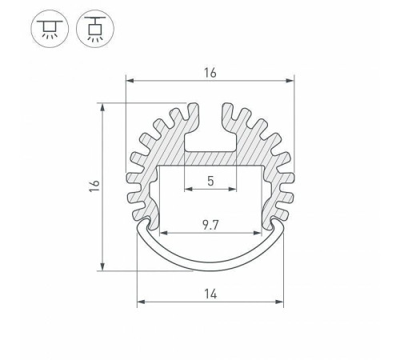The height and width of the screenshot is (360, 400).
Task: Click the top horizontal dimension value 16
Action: pyautogui.click(x=210, y=73)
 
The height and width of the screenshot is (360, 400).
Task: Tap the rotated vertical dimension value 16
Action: pyautogui.click(x=94, y=186)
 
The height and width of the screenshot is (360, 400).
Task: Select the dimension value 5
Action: pyautogui.click(x=210, y=181)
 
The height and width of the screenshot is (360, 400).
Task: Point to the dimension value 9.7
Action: pyautogui.click(x=210, y=225)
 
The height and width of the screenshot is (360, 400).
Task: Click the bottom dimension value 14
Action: pyautogui.click(x=210, y=294)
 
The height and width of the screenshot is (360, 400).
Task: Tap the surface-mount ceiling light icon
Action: pyautogui.click(x=50, y=29)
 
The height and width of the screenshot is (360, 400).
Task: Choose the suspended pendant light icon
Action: pyautogui.click(x=95, y=29)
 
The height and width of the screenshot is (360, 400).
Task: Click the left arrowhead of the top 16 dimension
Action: pyautogui.click(x=130, y=81)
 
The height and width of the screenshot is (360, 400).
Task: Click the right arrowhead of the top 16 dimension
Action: pyautogui.click(x=290, y=81)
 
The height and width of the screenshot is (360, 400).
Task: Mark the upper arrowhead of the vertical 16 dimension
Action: pyautogui.click(x=102, y=107)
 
